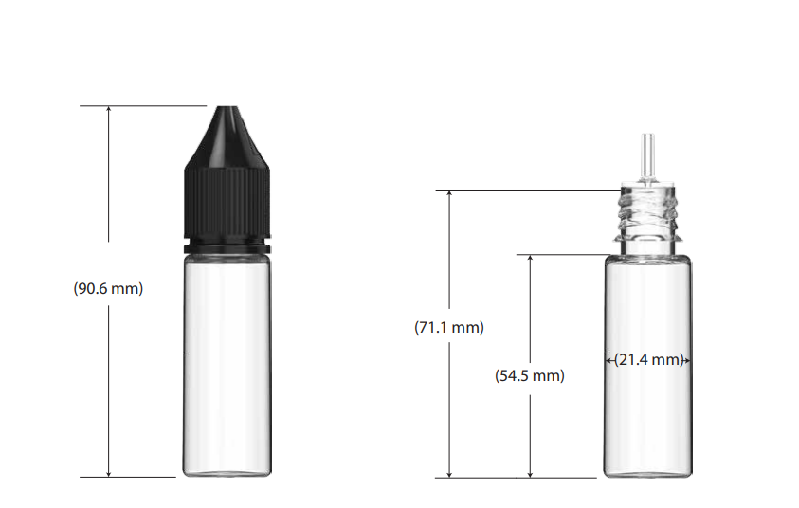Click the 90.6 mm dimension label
108,288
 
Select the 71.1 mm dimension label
449,327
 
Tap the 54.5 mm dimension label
530,376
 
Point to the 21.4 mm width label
648,360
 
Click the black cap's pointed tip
227,107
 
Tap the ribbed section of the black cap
227,203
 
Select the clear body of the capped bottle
227,365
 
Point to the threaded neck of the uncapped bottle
647,214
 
